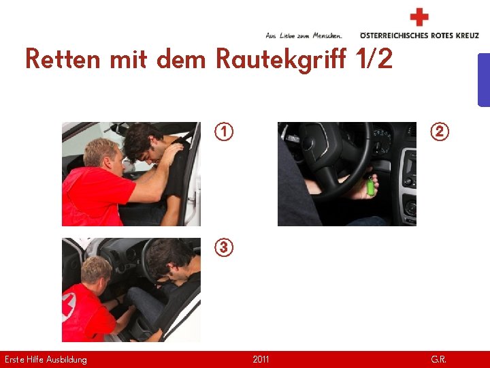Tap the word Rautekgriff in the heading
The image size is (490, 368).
click(283, 59)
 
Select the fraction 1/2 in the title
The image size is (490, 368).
click(374, 59)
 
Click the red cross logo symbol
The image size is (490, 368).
click(419, 17)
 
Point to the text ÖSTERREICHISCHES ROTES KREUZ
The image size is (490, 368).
click(419, 35)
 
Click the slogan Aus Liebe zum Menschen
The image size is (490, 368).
click(304, 35)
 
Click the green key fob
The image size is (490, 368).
click(371, 187)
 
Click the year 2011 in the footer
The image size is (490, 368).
click(261, 359)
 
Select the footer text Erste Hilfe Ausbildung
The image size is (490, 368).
click(46, 359)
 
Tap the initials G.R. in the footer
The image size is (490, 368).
click(438, 359)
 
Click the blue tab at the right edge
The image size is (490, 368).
click(483, 80)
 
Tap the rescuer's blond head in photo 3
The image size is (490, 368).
click(95, 270)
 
